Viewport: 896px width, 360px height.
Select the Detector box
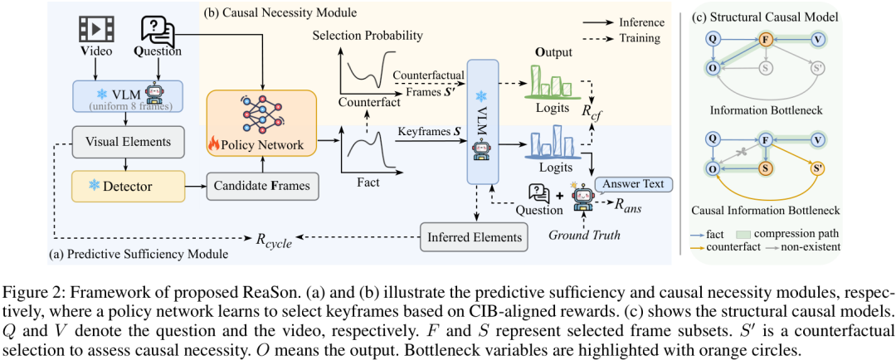[x=129, y=187]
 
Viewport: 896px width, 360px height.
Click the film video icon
[x=95, y=28]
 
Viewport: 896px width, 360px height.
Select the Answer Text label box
[x=632, y=184]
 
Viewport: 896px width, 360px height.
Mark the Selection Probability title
[x=368, y=36]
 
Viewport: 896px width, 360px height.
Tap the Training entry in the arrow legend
[x=640, y=39]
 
